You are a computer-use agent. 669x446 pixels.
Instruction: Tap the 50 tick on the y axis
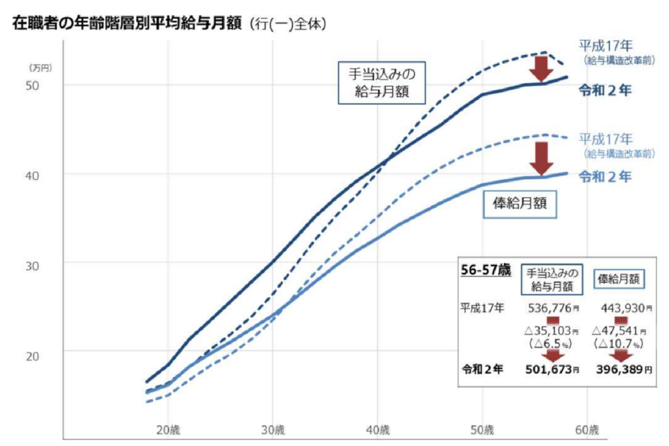[x=33, y=85]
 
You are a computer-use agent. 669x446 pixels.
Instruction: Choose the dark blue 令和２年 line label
[x=606, y=91]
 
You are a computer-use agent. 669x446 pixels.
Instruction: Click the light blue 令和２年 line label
[x=606, y=176]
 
